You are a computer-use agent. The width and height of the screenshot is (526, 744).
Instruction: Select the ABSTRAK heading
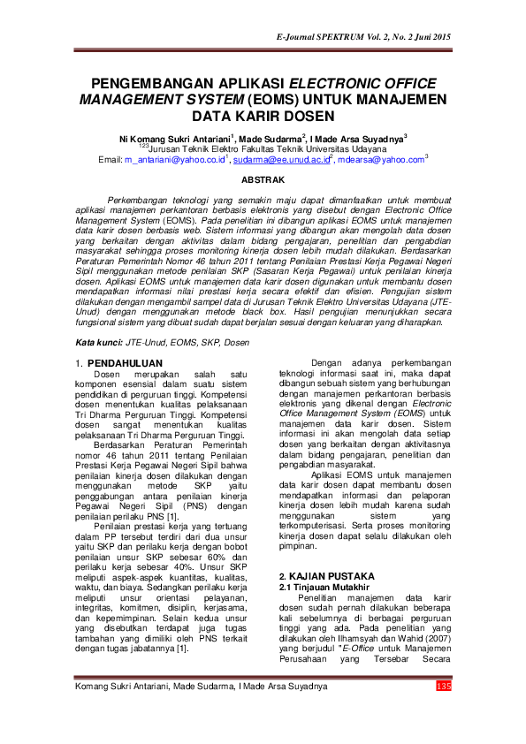[263, 179]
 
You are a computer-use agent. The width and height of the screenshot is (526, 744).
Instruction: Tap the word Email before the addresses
[110, 159]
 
